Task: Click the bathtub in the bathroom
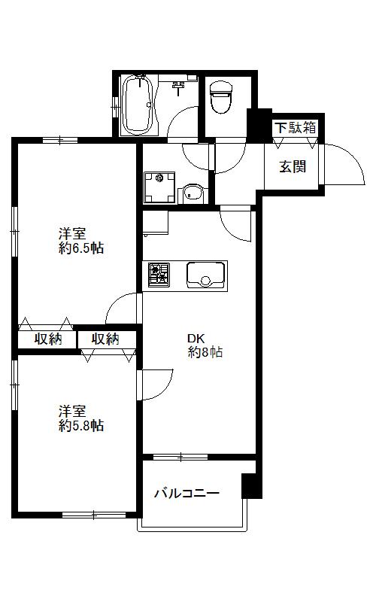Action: coord(138,105)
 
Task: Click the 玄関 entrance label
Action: coord(293,166)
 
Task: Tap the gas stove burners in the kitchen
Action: coord(159,274)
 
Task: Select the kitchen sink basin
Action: coord(205,275)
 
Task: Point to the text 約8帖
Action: coord(205,352)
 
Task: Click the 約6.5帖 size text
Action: coord(81,248)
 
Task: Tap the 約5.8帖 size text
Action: coord(81,426)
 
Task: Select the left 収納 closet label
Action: coord(48,339)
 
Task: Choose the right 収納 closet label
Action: coord(105,339)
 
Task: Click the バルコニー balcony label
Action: coord(186,494)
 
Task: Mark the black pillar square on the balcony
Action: coord(250,485)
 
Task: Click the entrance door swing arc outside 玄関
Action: coord(342,162)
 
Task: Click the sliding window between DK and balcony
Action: coord(180,457)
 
